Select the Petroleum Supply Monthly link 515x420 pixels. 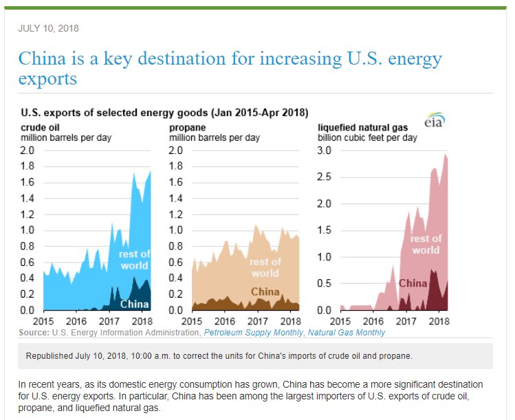pos(252,333)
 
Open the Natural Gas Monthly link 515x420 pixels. pos(347,333)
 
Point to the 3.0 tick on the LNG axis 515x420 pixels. pos(324,151)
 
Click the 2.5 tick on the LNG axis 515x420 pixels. pos(324,177)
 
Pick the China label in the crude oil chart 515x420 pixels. pos(135,303)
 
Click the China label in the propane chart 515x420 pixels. pos(265,291)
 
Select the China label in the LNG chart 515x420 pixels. pos(413,283)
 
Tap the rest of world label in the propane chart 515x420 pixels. pos(265,267)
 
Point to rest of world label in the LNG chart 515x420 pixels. pos(426,245)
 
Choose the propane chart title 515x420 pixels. pos(187,128)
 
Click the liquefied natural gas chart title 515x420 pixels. pos(362,128)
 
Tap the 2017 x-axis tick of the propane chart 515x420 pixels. pos(257,322)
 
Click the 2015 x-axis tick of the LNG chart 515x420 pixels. pos(340,322)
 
